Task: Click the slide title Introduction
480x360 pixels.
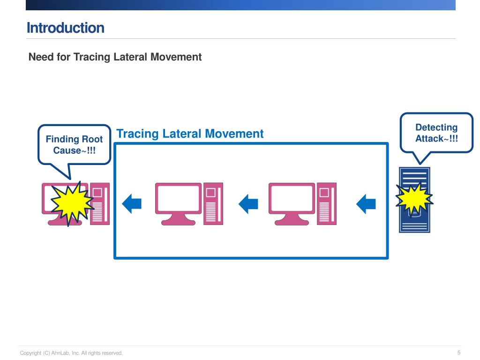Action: coord(65,28)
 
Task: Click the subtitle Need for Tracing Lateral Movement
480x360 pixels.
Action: coord(115,57)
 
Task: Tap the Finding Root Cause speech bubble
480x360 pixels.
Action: coord(74,145)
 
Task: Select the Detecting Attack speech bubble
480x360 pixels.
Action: coord(436,133)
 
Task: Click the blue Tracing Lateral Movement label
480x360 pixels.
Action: coord(190,134)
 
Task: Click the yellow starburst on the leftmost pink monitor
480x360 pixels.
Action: coord(69,202)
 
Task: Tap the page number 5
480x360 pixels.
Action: coord(458,352)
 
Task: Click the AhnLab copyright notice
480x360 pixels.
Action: coord(71,353)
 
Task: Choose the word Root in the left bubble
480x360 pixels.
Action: coord(92,140)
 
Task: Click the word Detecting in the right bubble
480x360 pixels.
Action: coord(436,127)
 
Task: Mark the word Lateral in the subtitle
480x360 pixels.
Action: coord(132,57)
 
